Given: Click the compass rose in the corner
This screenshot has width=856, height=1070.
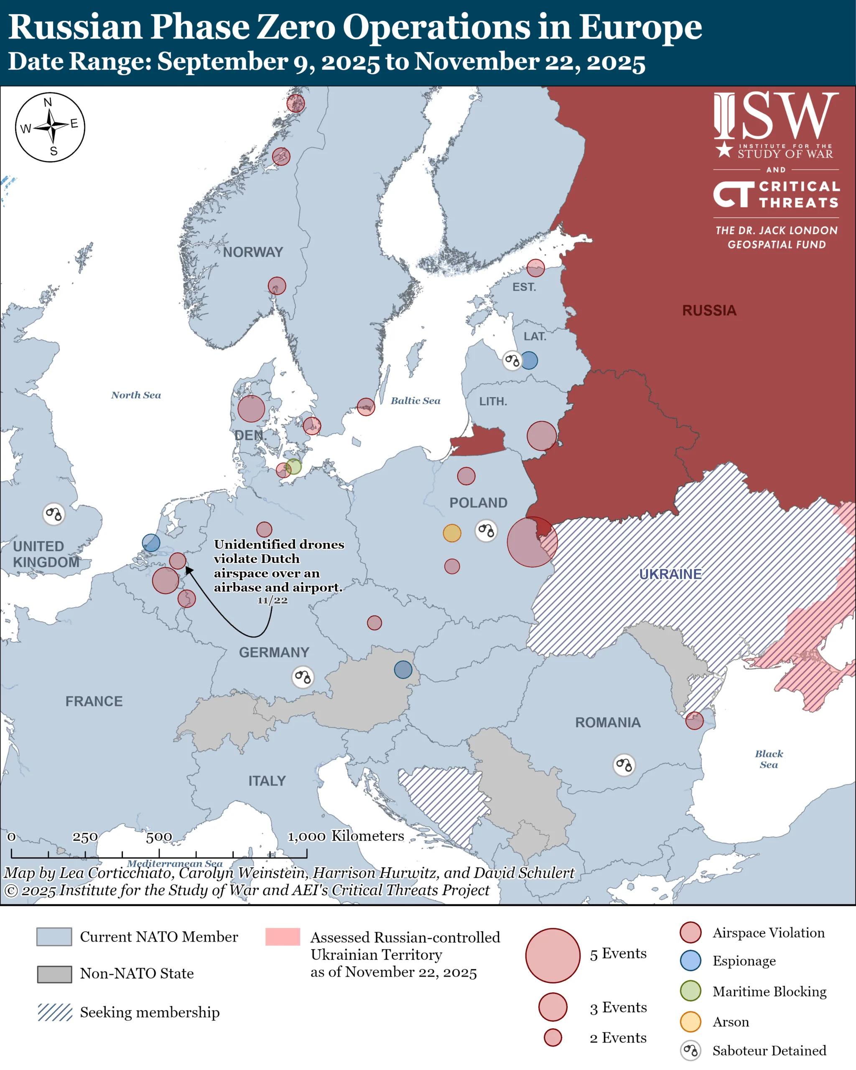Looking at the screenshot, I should (50, 127).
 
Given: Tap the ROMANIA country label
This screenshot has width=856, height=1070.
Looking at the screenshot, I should (607, 723).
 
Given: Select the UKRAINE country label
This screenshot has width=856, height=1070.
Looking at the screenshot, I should (670, 574).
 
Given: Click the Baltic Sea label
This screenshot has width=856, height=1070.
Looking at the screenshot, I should (415, 401).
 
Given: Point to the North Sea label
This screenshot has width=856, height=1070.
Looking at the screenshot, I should (136, 395).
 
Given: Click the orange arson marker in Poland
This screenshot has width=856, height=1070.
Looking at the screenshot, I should (451, 533).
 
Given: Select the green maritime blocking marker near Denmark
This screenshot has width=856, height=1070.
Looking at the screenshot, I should (293, 466).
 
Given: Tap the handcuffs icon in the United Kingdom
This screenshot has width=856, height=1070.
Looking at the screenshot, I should (53, 514).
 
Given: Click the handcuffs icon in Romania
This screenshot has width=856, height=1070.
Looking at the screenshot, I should (624, 765).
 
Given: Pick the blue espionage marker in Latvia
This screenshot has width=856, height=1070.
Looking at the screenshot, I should (529, 360).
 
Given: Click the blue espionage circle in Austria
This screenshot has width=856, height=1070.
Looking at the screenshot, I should (403, 670).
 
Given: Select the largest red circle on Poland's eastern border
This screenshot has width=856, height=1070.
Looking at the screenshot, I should (532, 542).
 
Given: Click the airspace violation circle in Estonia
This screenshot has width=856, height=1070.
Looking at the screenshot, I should (535, 268).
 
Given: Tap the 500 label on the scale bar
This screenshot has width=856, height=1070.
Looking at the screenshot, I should (159, 837).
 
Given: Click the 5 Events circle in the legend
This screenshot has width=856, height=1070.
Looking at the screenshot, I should (553, 955).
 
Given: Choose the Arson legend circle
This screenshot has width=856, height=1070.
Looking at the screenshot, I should (690, 1022).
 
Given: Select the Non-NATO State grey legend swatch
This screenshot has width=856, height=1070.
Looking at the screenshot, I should (55, 974).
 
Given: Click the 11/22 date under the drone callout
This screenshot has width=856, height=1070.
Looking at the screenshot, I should (273, 601).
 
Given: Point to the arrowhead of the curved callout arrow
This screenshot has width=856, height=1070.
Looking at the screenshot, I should (188, 569).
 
